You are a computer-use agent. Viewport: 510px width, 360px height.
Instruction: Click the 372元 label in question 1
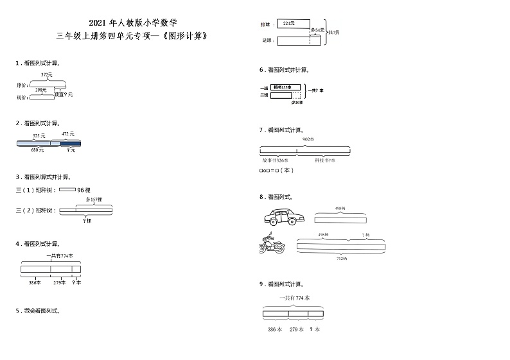(x=46, y=74)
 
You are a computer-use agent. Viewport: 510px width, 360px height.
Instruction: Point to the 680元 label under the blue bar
(x=37, y=150)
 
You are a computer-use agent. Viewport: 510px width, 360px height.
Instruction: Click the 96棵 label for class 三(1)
(x=84, y=190)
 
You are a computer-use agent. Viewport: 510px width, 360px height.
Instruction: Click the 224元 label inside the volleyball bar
(x=288, y=24)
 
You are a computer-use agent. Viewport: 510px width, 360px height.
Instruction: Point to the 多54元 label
(x=317, y=30)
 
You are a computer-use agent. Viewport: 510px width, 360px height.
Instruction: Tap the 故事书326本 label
(x=275, y=160)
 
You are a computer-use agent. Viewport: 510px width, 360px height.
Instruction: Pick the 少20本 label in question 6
(x=297, y=102)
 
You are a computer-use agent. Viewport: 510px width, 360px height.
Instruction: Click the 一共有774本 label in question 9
(x=294, y=298)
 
